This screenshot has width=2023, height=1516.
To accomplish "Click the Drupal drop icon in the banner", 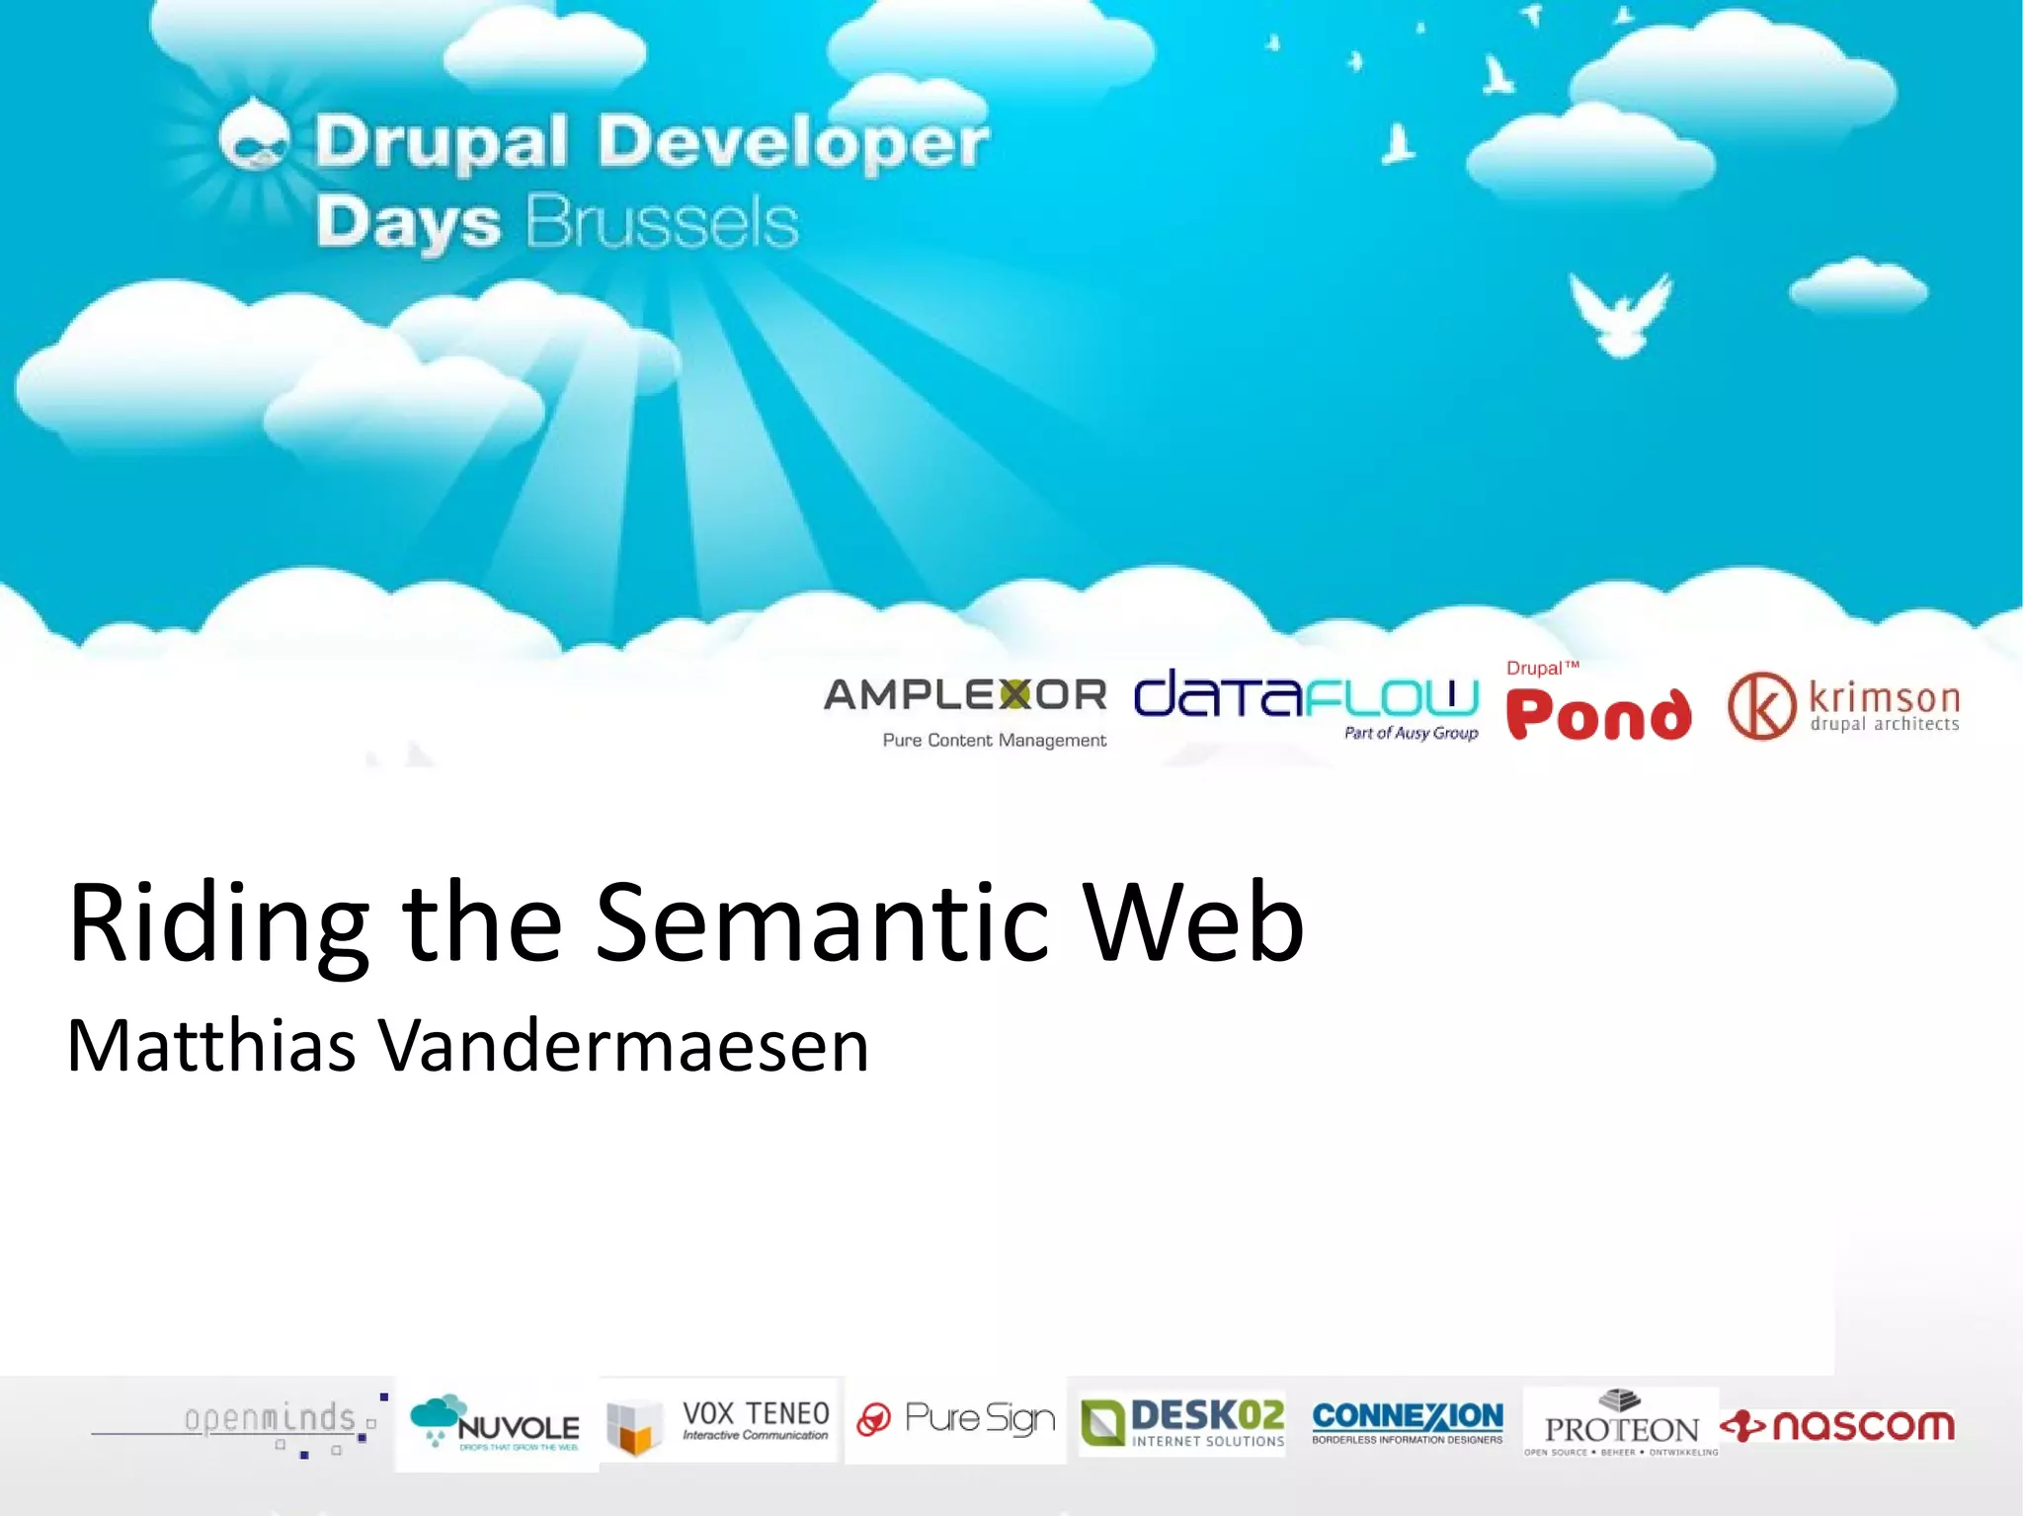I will (x=255, y=138).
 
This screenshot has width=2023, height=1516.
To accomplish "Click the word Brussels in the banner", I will (x=661, y=222).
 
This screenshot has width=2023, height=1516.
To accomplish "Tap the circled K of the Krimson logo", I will (x=1761, y=705).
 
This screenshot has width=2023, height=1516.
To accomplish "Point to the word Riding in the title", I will (x=218, y=922).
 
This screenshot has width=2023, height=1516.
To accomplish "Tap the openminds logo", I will (x=270, y=1421).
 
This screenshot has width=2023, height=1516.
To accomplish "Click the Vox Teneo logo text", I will (x=756, y=1419).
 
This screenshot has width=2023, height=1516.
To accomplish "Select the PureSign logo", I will (x=956, y=1419).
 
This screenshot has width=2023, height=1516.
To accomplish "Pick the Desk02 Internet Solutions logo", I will (x=1182, y=1422).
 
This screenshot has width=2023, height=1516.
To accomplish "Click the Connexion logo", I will (x=1408, y=1420).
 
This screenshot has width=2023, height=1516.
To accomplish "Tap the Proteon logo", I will (x=1621, y=1423).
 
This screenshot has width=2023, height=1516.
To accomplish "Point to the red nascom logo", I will (x=1837, y=1425).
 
